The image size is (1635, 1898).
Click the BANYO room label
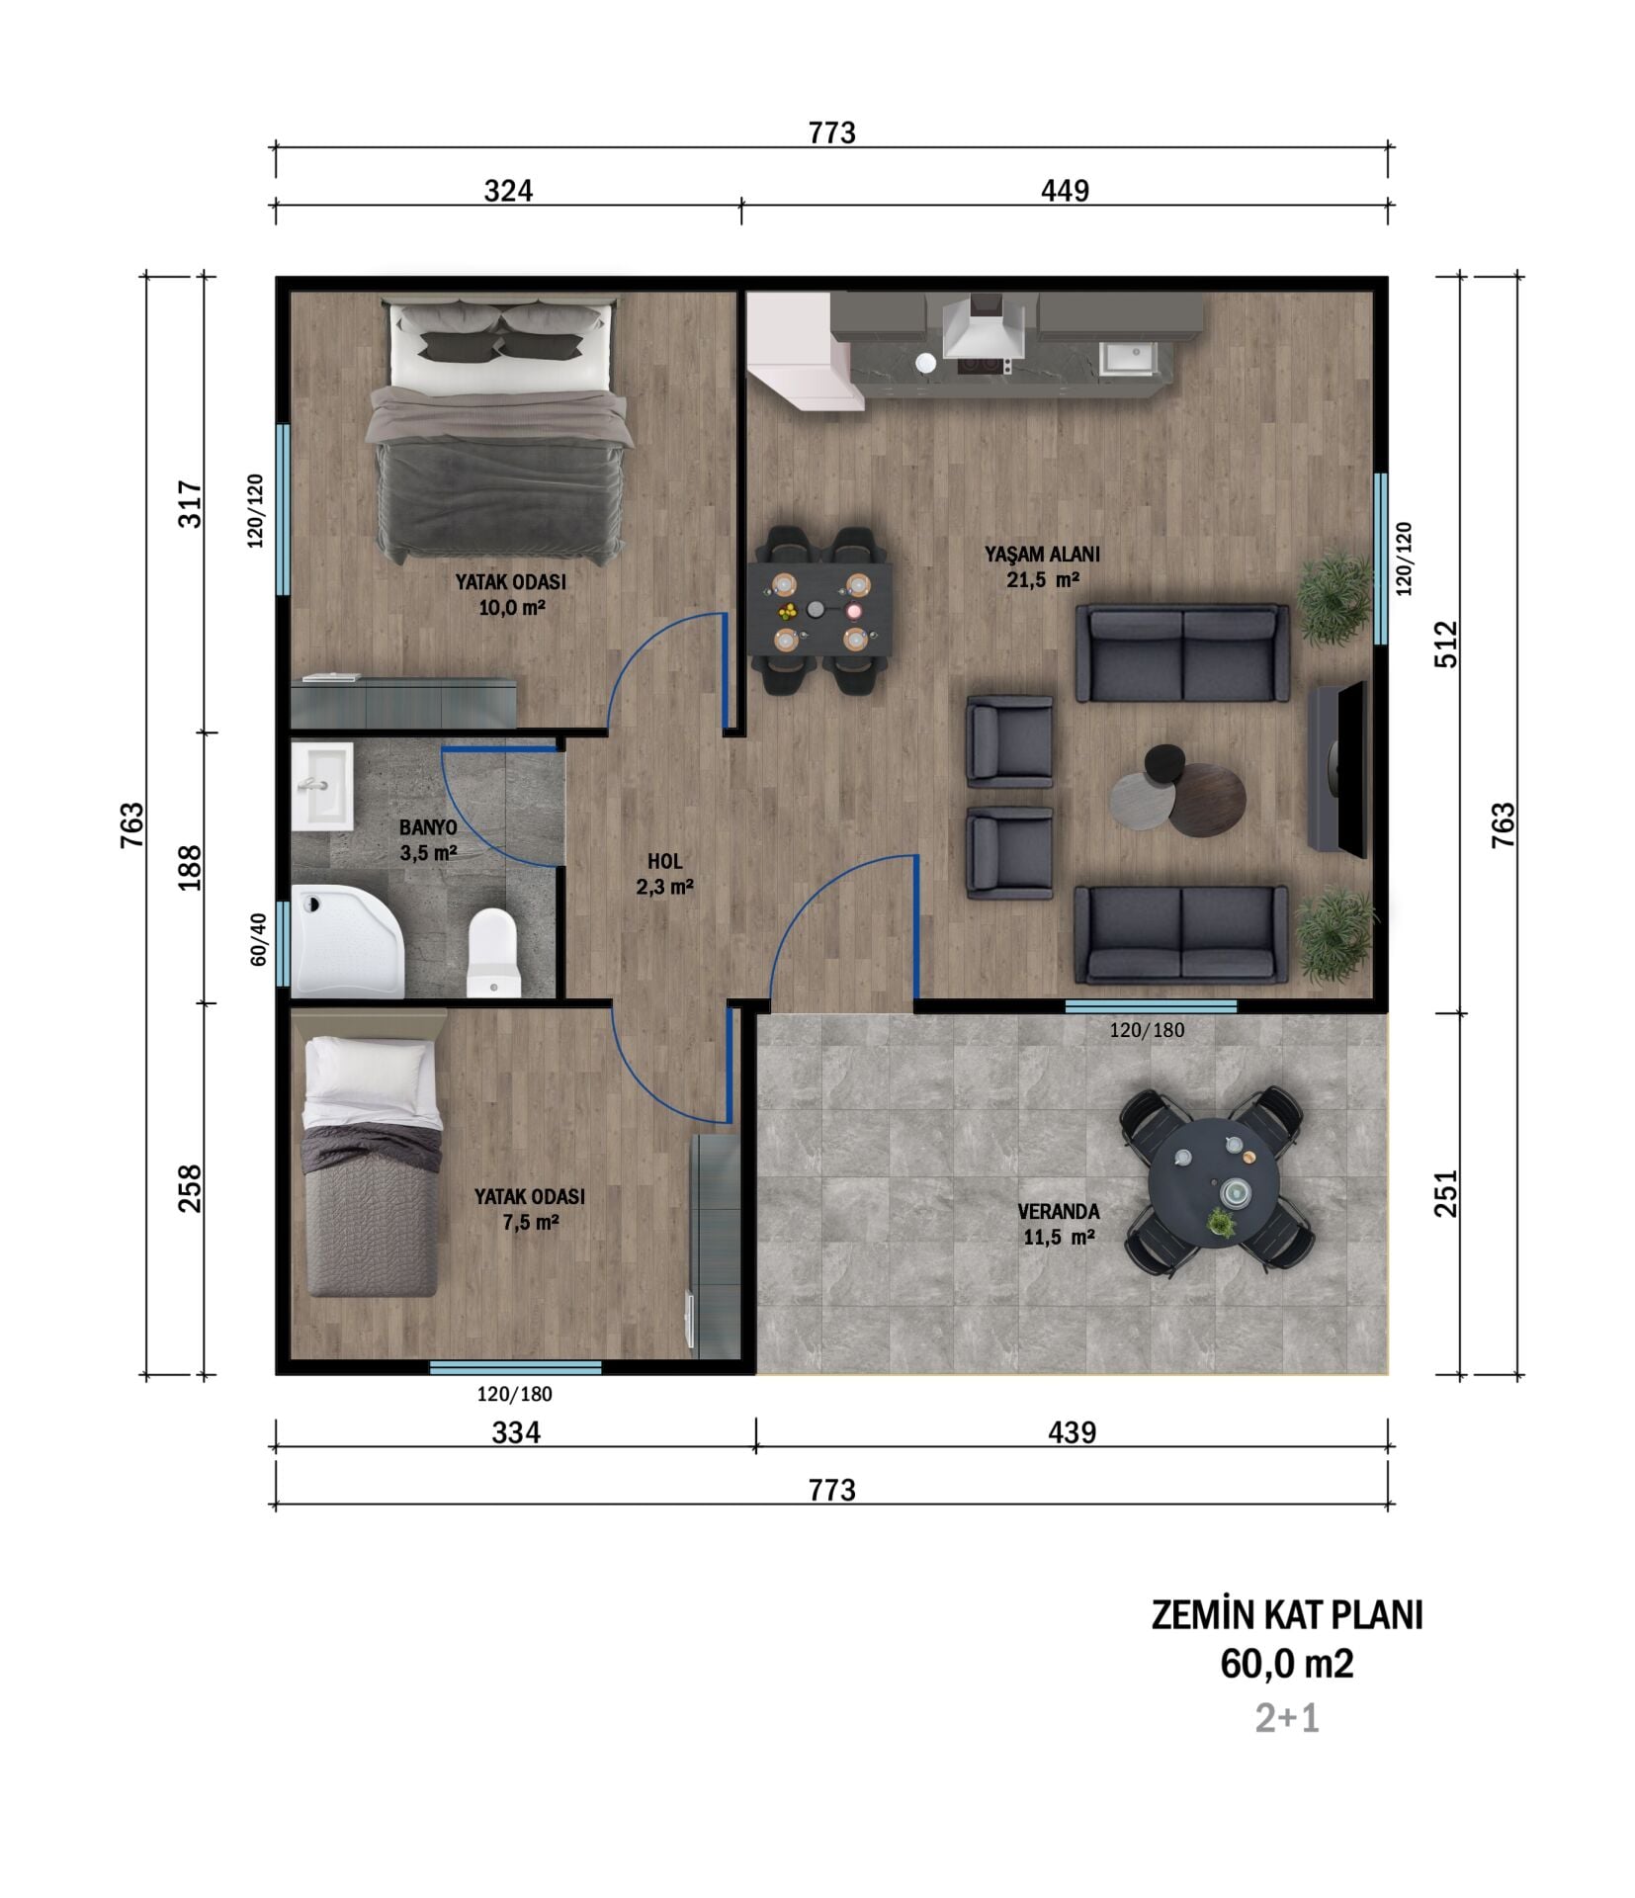point(427,826)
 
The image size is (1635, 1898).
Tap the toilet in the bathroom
point(492,953)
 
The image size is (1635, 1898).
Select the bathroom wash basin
point(322,787)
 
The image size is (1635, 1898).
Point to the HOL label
point(664,862)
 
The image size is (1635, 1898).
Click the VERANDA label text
point(1058,1211)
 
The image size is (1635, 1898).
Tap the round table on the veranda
point(1214,1178)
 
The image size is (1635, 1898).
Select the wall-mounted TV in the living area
point(1336,767)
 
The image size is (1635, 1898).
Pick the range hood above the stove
point(984,329)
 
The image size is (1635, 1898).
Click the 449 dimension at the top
point(1064,190)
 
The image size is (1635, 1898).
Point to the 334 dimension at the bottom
point(515,1432)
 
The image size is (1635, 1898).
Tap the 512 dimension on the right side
point(1445,644)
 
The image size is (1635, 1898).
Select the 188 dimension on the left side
point(189,867)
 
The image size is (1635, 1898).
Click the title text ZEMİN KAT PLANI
point(1286,1615)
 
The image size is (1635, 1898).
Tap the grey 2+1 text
point(1286,1719)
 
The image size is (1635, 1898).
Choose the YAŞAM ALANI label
point(1041,554)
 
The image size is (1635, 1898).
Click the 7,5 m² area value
point(530,1222)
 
